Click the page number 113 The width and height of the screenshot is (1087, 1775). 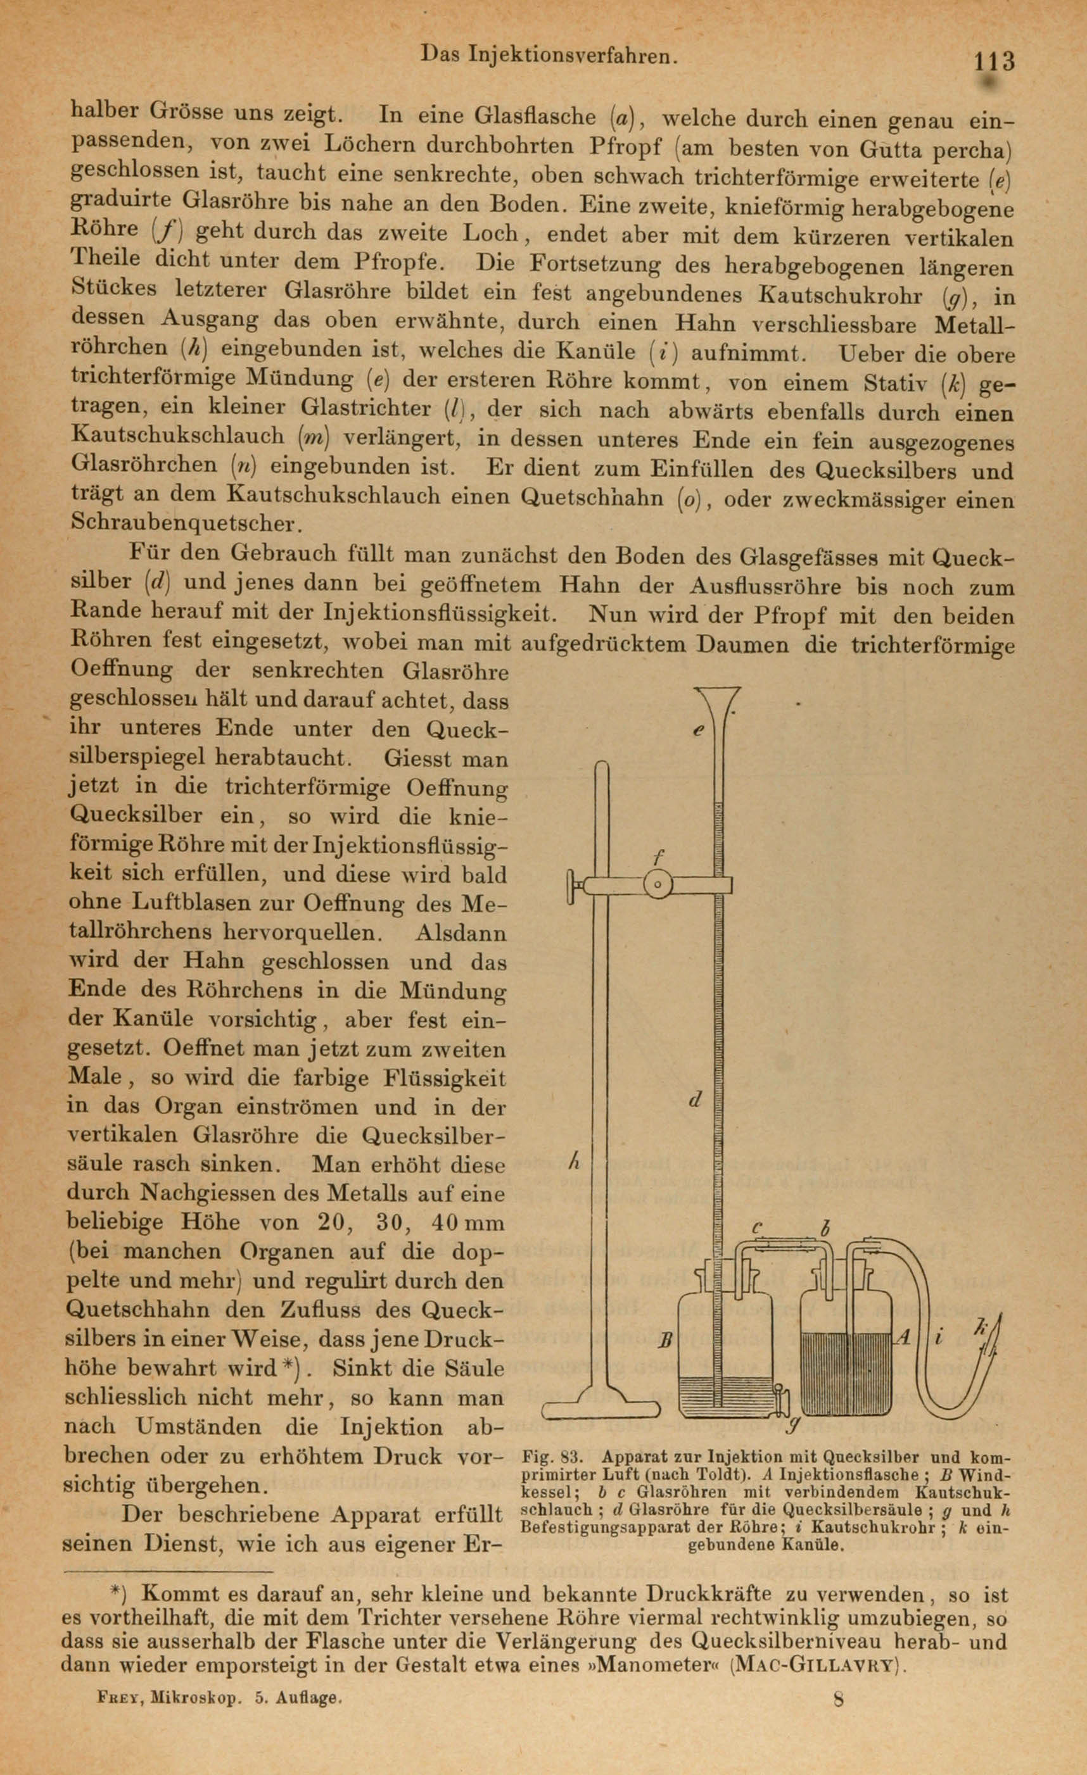[994, 61]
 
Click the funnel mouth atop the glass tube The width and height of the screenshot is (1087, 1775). [718, 696]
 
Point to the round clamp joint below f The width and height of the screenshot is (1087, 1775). [658, 884]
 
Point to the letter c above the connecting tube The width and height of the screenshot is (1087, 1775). [757, 1226]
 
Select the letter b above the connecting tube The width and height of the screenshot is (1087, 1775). [826, 1226]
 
